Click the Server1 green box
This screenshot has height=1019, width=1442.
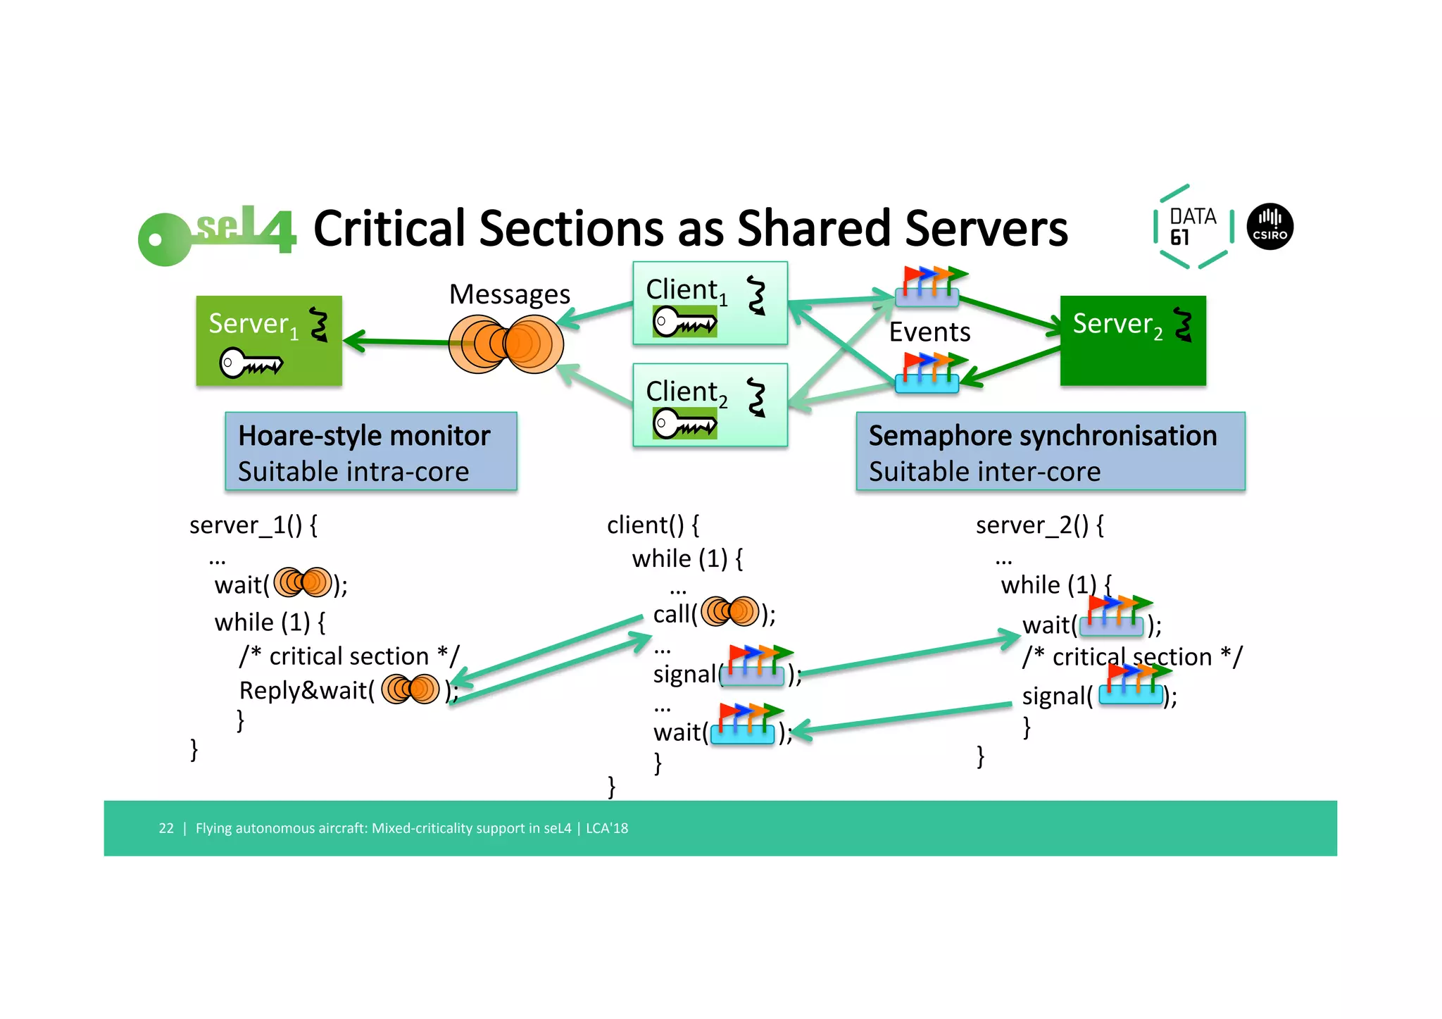point(268,341)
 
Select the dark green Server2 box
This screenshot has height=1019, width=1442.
point(1132,341)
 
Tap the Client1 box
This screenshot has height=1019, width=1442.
point(709,303)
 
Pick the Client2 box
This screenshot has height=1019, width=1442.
point(709,405)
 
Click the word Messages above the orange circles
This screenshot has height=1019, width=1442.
point(509,294)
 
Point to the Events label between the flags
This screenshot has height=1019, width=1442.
point(929,332)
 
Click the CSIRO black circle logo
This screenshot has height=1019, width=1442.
point(1269,227)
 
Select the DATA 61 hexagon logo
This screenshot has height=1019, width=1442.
point(1193,227)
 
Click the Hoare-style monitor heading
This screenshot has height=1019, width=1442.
point(363,436)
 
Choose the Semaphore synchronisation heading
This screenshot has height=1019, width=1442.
point(1042,436)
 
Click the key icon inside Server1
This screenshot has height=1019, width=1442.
point(251,363)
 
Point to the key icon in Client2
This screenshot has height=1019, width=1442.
point(684,425)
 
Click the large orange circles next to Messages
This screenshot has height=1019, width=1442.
point(506,344)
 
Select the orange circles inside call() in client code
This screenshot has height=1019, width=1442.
point(730,612)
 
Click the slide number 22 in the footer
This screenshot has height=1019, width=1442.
point(166,828)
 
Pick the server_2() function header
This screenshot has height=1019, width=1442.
point(1039,525)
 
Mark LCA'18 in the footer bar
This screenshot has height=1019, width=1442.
point(606,828)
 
